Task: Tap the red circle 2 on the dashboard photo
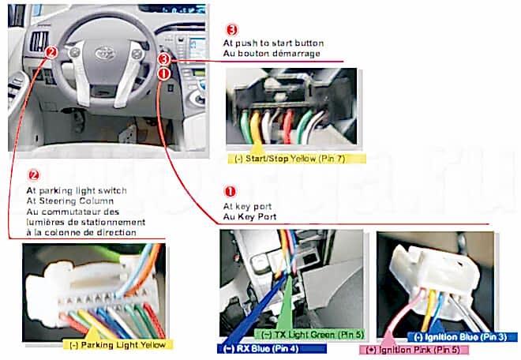51,53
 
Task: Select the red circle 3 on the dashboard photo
163,59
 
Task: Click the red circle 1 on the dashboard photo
163,73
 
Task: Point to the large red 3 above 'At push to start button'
231,29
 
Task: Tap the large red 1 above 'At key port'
231,191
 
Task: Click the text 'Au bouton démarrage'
272,53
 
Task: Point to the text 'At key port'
246,206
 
